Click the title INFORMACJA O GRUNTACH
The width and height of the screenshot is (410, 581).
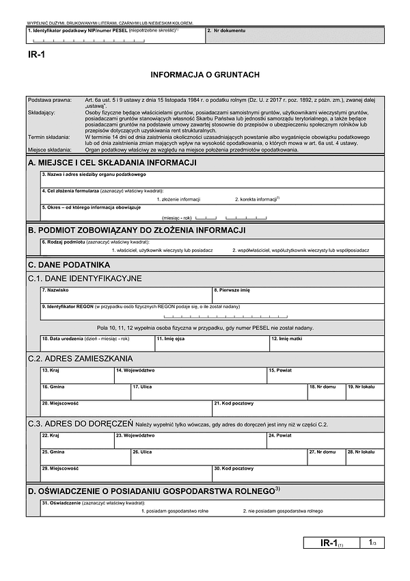(x=205, y=74)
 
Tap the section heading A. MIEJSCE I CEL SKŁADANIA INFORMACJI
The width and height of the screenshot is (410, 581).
(x=113, y=162)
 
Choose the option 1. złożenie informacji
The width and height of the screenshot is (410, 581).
(x=178, y=199)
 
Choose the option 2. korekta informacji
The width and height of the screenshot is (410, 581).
(x=258, y=199)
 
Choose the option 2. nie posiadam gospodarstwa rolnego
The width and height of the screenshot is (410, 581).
(x=282, y=511)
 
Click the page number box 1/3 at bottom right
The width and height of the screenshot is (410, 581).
(x=370, y=543)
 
